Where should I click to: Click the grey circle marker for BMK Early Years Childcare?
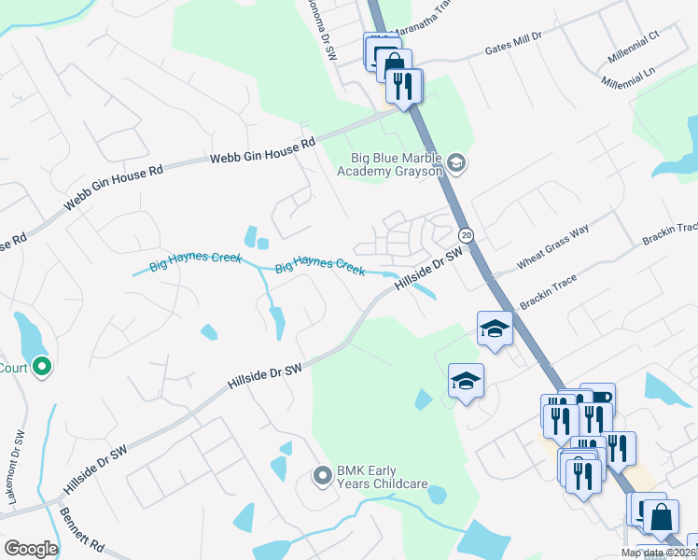click(322, 476)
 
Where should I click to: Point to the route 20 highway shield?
click(467, 234)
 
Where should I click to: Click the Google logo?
click(31, 549)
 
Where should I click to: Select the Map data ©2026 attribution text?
click(658, 553)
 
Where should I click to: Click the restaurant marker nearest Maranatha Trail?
click(404, 87)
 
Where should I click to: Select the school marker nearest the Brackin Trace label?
click(496, 329)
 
